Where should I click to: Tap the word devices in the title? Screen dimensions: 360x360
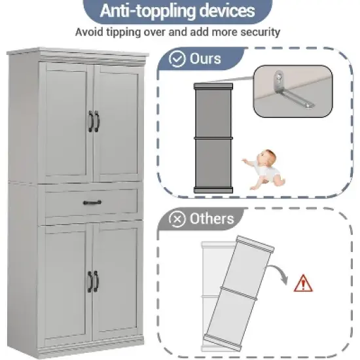pyautogui.click(x=223, y=11)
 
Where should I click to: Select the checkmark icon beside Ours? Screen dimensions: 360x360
pyautogui.click(x=177, y=60)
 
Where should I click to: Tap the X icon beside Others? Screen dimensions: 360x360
pyautogui.click(x=177, y=219)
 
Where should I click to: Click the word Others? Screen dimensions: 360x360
pyautogui.click(x=212, y=219)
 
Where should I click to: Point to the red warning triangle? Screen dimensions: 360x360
pyautogui.click(x=302, y=283)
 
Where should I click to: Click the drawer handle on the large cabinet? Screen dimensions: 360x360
pyautogui.click(x=92, y=204)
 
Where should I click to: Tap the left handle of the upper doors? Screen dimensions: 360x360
pyautogui.click(x=90, y=121)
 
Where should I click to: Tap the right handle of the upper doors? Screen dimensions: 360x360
pyautogui.click(x=97, y=121)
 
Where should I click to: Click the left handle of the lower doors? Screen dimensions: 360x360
pyautogui.click(x=90, y=281)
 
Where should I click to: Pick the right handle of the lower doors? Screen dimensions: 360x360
pyautogui.click(x=97, y=281)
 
